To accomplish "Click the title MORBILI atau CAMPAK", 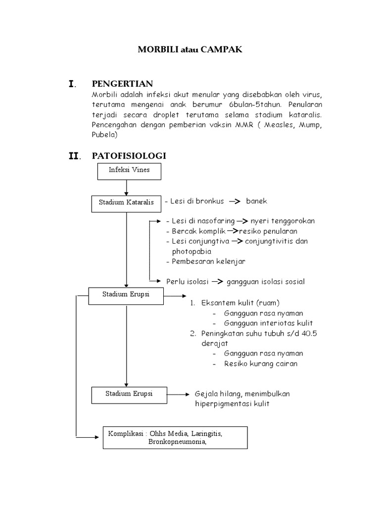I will [190, 50].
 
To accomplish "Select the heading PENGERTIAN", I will [122, 84].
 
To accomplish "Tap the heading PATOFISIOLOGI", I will [129, 156].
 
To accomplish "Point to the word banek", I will [256, 201].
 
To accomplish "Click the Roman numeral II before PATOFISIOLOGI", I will [74, 156].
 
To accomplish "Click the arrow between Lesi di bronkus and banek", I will [234, 201].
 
